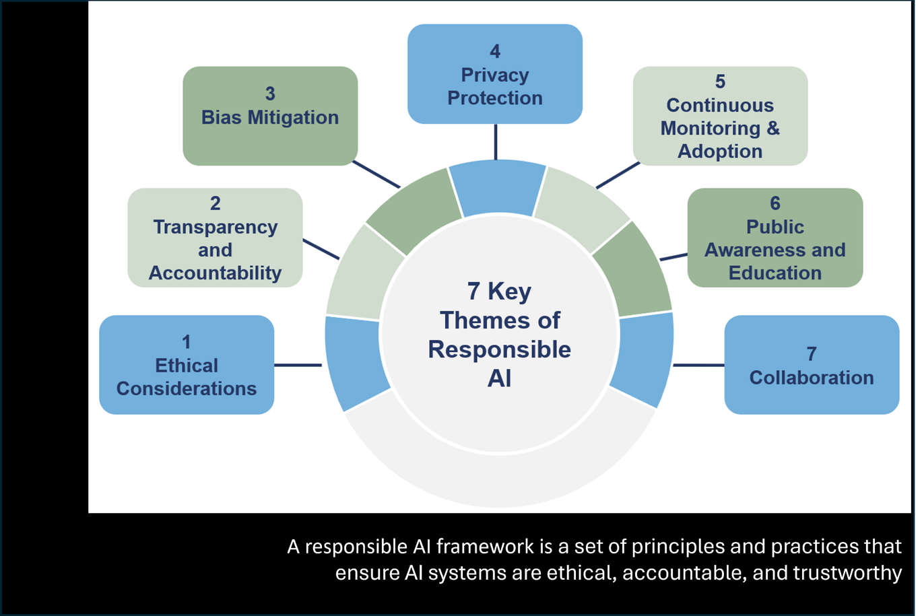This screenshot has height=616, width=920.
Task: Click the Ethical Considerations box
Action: pos(187,365)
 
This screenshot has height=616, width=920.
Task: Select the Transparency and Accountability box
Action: pos(216,238)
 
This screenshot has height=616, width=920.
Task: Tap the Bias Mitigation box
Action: pos(270,116)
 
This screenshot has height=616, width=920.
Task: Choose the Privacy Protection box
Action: pos(495,74)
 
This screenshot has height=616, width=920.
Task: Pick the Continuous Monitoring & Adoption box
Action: pos(721,116)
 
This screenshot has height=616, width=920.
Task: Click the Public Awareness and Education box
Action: pos(775,238)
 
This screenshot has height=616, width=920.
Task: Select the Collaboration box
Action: pos(812,365)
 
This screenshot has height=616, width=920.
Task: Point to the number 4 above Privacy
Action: pos(495,51)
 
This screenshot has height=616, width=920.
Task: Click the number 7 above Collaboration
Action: pos(812,354)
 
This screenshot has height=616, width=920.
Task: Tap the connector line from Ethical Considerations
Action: pos(298,365)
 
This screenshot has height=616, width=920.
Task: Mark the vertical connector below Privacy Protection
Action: pos(496,141)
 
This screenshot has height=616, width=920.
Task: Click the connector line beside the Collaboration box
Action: pos(698,365)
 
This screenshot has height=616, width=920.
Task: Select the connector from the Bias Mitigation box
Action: pos(376,174)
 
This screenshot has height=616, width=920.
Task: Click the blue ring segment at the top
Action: pos(497,187)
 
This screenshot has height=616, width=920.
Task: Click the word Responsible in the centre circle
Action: pos(500,350)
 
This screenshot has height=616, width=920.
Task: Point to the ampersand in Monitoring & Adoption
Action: pos(773,128)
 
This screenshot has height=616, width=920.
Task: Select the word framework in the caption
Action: pos(485,547)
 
